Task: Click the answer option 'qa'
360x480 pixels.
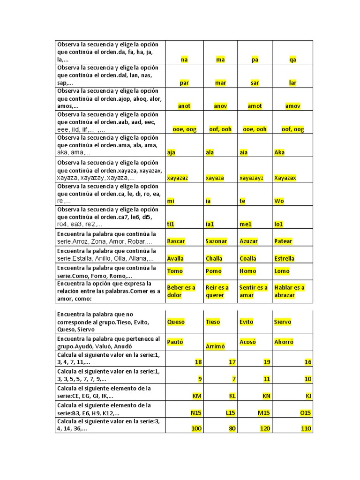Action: coord(293,60)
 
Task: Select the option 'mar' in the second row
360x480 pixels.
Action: coord(220,83)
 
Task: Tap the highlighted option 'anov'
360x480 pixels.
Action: coord(220,106)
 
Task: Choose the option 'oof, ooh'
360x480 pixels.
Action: coord(220,129)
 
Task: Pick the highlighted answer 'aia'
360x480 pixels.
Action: coord(244,152)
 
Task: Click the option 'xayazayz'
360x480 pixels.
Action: coord(251,178)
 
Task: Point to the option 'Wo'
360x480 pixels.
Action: coord(279,201)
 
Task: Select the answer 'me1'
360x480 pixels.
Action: coord(246,225)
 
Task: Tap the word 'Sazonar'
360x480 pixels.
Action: coord(216,241)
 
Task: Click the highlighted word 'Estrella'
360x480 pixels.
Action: coord(285,258)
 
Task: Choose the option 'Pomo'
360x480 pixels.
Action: coord(213,271)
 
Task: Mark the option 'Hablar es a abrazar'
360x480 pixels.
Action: coord(289,291)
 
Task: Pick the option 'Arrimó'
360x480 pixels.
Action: coord(216,346)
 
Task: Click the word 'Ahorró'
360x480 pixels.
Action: coord(284,342)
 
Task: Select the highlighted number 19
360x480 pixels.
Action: coord(267,362)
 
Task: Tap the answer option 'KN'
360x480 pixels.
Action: coord(267,396)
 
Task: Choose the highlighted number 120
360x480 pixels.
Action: coord(265,429)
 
